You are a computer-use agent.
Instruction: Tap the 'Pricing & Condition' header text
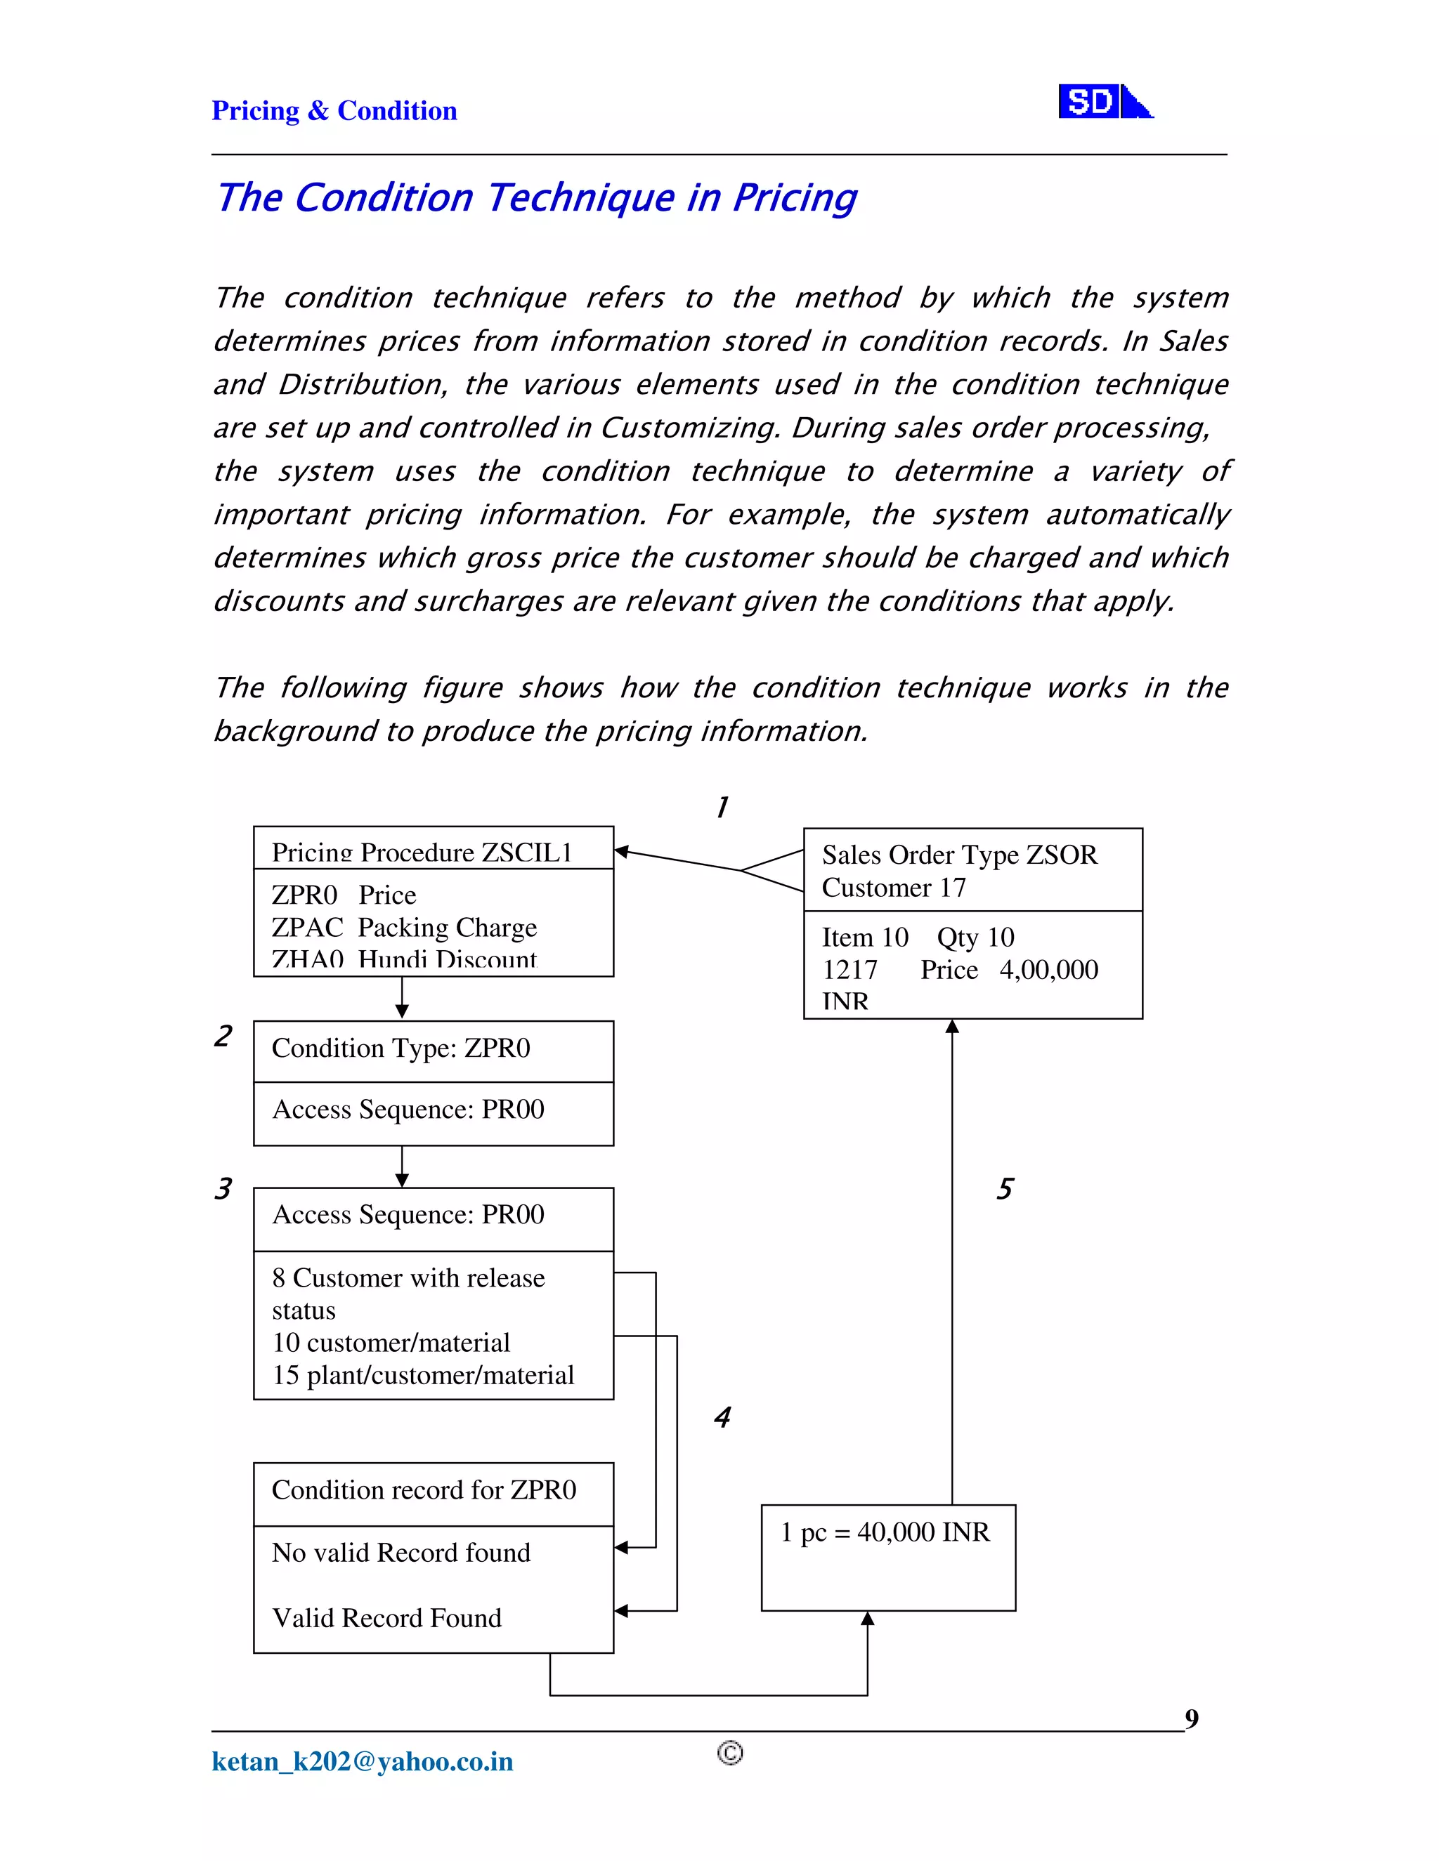pos(334,111)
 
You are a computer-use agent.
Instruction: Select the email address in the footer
pos(363,1761)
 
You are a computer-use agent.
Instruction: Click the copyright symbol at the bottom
pos(730,1753)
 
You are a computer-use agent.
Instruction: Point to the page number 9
pos(1191,1718)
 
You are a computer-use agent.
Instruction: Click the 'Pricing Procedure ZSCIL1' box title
pos(421,852)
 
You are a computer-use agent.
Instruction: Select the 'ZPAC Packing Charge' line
pos(404,927)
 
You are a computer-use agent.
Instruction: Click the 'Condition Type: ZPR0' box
pos(401,1048)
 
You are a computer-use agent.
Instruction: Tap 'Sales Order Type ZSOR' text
pos(959,855)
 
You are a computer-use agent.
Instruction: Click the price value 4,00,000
pos(1048,970)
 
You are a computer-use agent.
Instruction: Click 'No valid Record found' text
pos(401,1553)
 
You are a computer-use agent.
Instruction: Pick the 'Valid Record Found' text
pos(386,1618)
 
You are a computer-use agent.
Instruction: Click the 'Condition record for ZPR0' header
pos(424,1490)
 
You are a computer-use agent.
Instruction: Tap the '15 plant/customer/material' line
pos(423,1375)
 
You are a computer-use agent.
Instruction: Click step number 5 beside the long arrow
pos(1005,1189)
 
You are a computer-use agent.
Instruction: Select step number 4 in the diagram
pos(722,1417)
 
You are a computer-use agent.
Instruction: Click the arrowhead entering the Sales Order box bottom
pos(952,1027)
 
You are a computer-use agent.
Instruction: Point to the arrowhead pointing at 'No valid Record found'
pos(621,1547)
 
